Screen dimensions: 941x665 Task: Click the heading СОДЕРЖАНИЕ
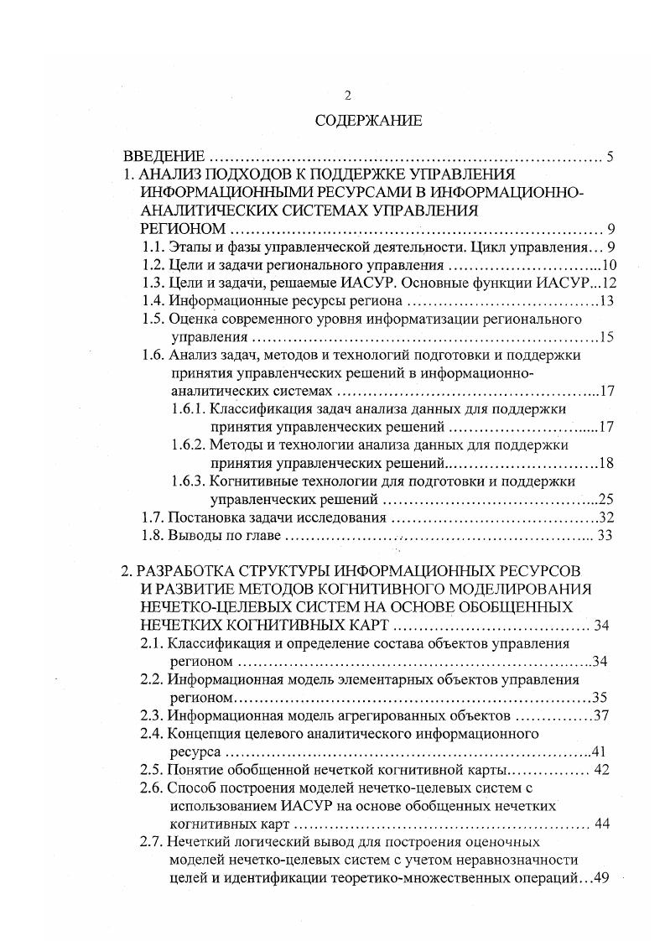tap(368, 121)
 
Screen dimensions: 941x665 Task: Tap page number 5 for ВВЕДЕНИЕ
tap(611, 156)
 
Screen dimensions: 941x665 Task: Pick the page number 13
tap(607, 301)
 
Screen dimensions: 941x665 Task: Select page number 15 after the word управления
tap(607, 337)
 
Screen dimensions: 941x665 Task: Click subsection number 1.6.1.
tap(188, 409)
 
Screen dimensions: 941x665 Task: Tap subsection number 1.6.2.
tap(188, 445)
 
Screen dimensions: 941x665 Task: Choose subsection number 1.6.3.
tap(188, 481)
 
